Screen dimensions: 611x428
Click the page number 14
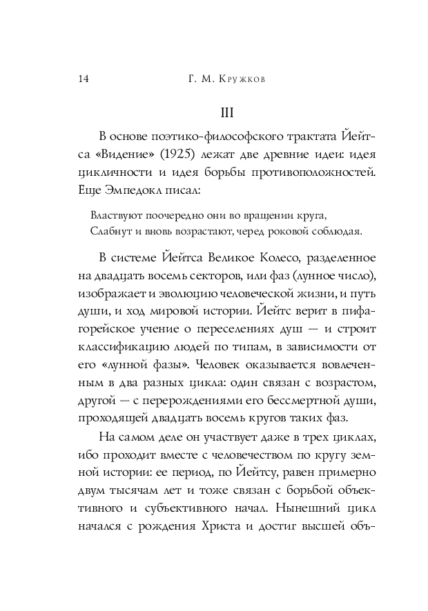click(x=82, y=79)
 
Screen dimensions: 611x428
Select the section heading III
click(x=228, y=112)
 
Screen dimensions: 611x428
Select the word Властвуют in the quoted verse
click(x=113, y=215)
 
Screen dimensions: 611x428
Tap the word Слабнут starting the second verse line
click(x=108, y=230)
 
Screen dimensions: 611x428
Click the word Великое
click(x=217, y=258)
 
